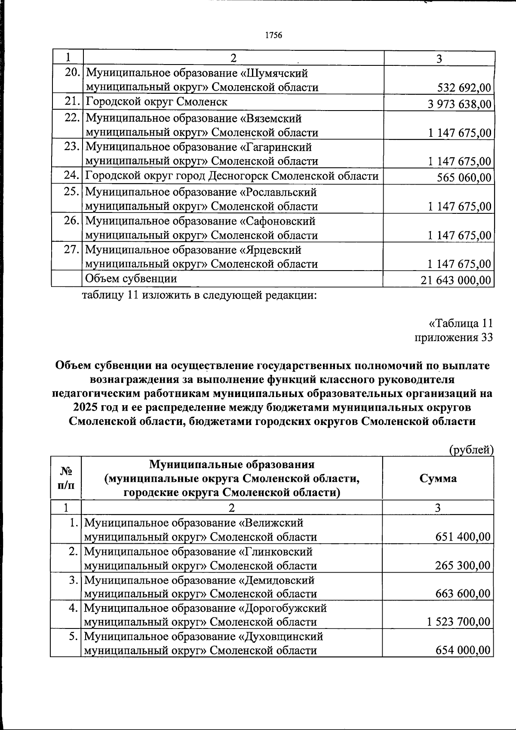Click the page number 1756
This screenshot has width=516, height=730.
point(273,35)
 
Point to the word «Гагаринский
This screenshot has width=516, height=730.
point(275,148)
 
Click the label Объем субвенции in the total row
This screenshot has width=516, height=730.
point(131,278)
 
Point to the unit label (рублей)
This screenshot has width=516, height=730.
point(471,450)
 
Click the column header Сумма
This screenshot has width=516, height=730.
point(438,478)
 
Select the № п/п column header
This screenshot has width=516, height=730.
point(65,478)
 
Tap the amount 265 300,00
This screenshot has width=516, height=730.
point(463,565)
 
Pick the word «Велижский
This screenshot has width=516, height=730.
point(271,523)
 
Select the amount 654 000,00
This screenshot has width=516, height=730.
point(463,650)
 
